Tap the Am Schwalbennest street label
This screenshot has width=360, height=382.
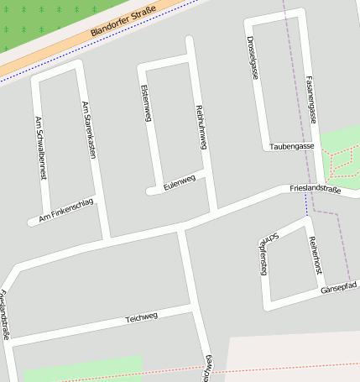click(x=39, y=148)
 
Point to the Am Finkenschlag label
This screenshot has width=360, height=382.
click(x=62, y=212)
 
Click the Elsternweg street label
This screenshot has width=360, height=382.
click(x=146, y=103)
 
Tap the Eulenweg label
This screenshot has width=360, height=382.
click(x=180, y=182)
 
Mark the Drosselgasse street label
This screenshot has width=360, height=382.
click(x=253, y=58)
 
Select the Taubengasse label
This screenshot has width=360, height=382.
click(x=291, y=147)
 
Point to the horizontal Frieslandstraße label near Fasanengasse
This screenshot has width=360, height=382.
click(x=316, y=191)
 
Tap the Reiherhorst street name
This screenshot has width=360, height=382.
click(x=315, y=255)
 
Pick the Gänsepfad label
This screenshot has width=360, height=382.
click(x=339, y=288)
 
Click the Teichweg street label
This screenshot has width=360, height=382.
click(x=141, y=318)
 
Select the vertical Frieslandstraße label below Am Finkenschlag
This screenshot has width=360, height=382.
click(x=5, y=315)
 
